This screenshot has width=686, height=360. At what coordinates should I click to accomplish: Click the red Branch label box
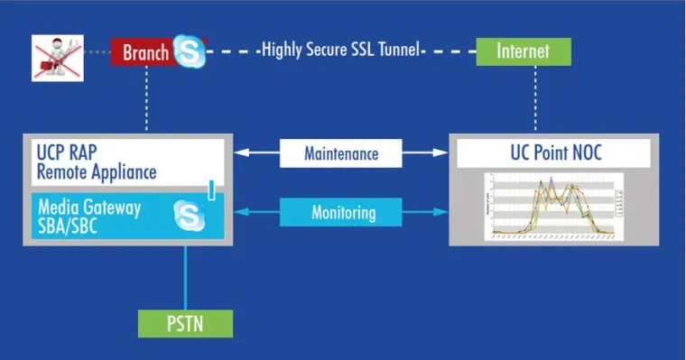point(144,51)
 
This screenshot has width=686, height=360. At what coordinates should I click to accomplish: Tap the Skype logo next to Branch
point(190,51)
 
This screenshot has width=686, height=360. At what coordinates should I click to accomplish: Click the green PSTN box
point(185,323)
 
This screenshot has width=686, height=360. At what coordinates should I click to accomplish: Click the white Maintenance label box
point(342,154)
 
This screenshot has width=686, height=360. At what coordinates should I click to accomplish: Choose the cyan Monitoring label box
point(342,213)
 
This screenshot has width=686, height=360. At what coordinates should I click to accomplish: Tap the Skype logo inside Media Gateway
point(190,215)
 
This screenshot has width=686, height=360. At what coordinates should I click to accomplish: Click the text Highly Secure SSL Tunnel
point(341,51)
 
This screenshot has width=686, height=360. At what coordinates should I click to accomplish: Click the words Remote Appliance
point(97,171)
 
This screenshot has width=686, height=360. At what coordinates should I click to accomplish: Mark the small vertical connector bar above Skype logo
point(211,189)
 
